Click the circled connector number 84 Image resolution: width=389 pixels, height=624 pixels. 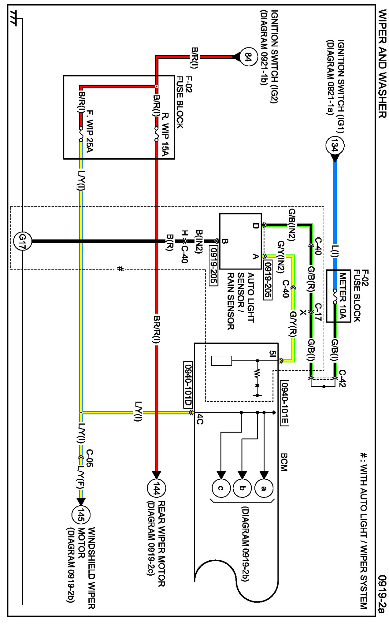pos(248,57)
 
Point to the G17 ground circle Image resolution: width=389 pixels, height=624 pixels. pos(22,241)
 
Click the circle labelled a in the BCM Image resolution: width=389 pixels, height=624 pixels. pos(264,488)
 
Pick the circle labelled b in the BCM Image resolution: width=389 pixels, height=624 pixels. pos(242,488)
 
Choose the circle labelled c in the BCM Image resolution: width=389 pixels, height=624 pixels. pos(221,488)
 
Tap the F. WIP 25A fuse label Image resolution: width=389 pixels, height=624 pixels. pos(89,131)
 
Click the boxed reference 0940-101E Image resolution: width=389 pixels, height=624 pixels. pos(284,403)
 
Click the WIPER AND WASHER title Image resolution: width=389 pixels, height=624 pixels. pos(382,64)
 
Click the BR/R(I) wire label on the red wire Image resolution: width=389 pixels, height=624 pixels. pos(157,329)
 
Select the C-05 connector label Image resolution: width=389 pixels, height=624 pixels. pos(89,458)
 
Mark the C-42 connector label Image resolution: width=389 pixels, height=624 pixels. pos(342,378)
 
